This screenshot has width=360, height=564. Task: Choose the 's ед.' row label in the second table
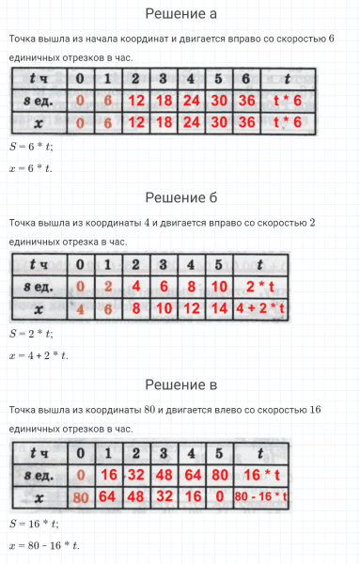point(39,286)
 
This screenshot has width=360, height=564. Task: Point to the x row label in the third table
point(39,496)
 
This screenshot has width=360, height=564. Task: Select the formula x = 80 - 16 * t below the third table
point(44,545)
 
